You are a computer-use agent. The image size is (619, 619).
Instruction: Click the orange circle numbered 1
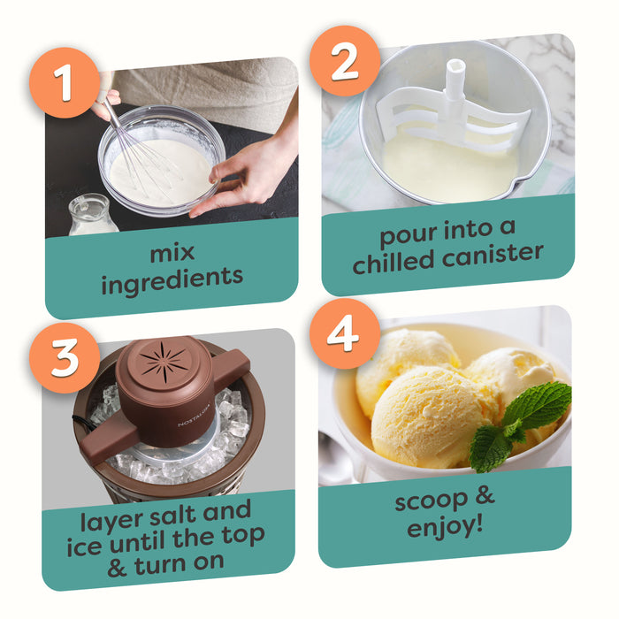pyautogui.click(x=65, y=82)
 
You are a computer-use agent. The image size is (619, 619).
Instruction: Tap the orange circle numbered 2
pyautogui.click(x=345, y=61)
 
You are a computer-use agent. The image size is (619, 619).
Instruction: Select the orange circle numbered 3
pyautogui.click(x=65, y=357)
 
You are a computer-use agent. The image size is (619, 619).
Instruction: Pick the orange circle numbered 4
pyautogui.click(x=345, y=333)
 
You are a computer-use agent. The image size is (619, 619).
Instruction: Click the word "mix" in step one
pyautogui.click(x=172, y=253)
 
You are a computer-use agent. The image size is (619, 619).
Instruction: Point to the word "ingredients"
pyautogui.click(x=172, y=279)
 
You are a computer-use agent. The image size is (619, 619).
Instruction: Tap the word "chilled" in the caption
pyautogui.click(x=394, y=262)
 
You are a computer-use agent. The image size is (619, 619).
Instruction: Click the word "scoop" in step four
pyautogui.click(x=432, y=501)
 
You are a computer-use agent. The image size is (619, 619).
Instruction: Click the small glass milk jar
pyautogui.click(x=92, y=215)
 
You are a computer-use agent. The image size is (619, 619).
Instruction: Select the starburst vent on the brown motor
pyautogui.click(x=164, y=363)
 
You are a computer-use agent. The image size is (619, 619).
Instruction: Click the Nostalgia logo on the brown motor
pyautogui.click(x=194, y=414)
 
